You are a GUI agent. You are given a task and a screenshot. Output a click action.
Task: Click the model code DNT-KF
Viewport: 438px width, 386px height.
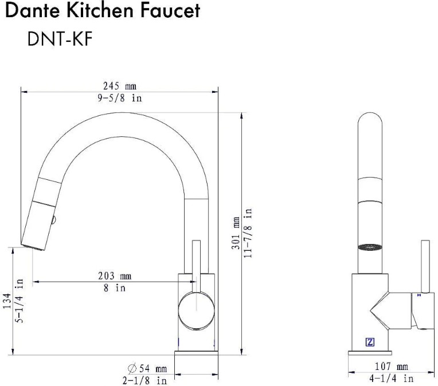point(60,38)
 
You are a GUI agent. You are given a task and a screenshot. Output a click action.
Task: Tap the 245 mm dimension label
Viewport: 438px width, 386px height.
point(120,86)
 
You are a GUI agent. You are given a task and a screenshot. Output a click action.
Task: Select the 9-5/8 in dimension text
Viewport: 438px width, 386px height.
point(120,98)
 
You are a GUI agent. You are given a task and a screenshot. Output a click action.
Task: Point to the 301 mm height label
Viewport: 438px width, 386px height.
point(236,233)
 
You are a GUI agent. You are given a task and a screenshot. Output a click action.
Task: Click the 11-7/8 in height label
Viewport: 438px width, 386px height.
point(248,233)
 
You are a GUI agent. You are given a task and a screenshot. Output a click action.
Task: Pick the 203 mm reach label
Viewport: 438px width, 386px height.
point(115,275)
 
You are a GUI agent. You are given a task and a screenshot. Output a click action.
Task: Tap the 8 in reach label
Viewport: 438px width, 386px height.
point(115,287)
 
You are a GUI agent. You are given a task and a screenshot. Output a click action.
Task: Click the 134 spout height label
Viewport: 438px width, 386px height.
point(7,301)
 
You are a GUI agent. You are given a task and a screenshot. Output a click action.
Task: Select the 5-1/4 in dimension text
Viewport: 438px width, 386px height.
point(19,301)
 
